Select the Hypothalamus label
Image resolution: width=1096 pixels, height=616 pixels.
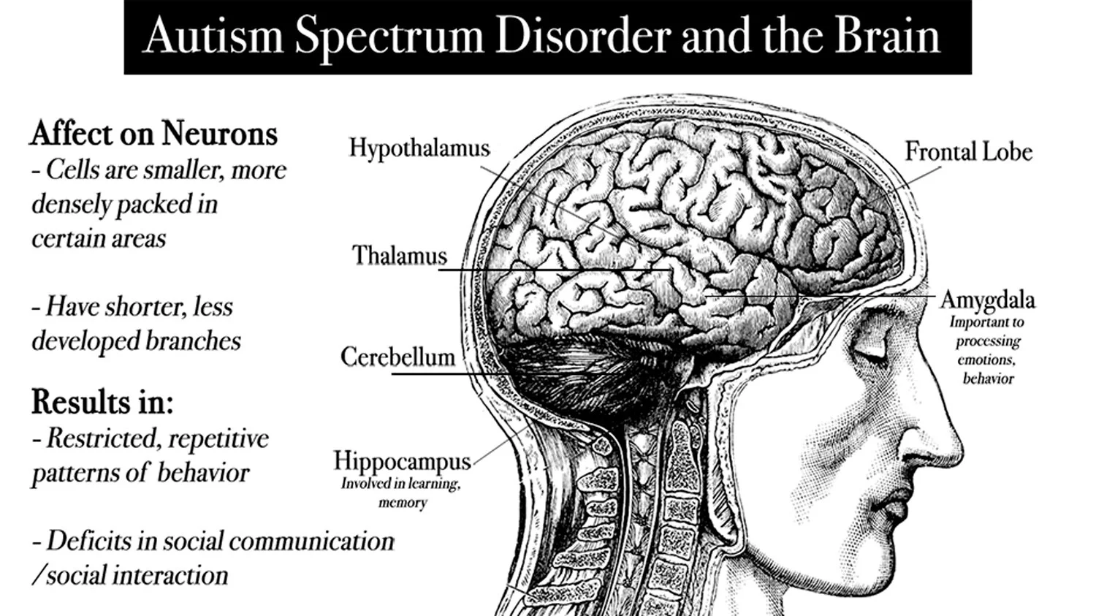pos(419,148)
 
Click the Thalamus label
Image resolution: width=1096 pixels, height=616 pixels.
pos(400,256)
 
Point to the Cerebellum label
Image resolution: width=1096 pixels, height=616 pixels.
pos(397,357)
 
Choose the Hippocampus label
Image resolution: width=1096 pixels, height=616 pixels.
pos(402,461)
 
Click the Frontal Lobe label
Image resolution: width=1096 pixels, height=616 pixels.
pos(968,152)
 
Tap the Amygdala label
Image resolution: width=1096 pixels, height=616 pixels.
pos(987,300)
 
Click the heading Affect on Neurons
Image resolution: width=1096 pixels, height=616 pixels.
pos(154,134)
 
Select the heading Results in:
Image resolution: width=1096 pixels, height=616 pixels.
pos(102,401)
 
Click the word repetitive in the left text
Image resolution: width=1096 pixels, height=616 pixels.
pos(218,438)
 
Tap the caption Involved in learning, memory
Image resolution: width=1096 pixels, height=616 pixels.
pos(401,493)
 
